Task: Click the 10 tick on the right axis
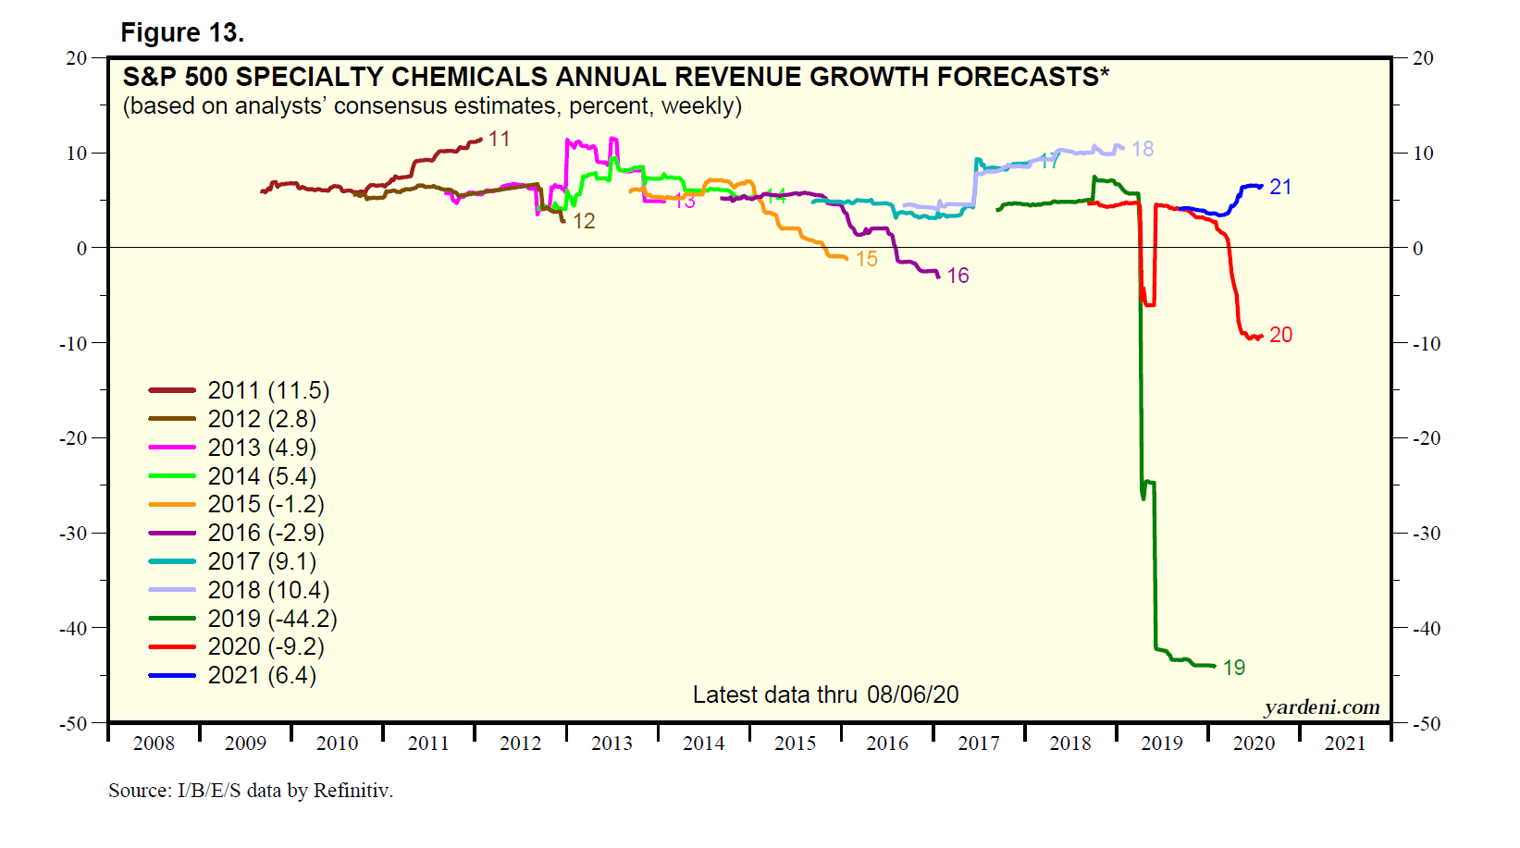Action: [x=1423, y=154]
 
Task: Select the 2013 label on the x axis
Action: [x=612, y=744]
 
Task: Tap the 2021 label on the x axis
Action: [x=1344, y=744]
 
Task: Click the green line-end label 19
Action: [x=1234, y=668]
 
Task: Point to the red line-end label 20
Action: [x=1280, y=335]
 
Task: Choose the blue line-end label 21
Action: [x=1280, y=187]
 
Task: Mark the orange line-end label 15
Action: [x=866, y=260]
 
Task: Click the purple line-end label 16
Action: [x=958, y=276]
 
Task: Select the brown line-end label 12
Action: [x=584, y=221]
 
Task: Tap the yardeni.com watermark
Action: [x=1321, y=707]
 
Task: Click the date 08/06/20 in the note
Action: [x=912, y=694]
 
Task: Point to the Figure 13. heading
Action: [x=182, y=33]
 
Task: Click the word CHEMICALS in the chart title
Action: [x=469, y=77]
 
